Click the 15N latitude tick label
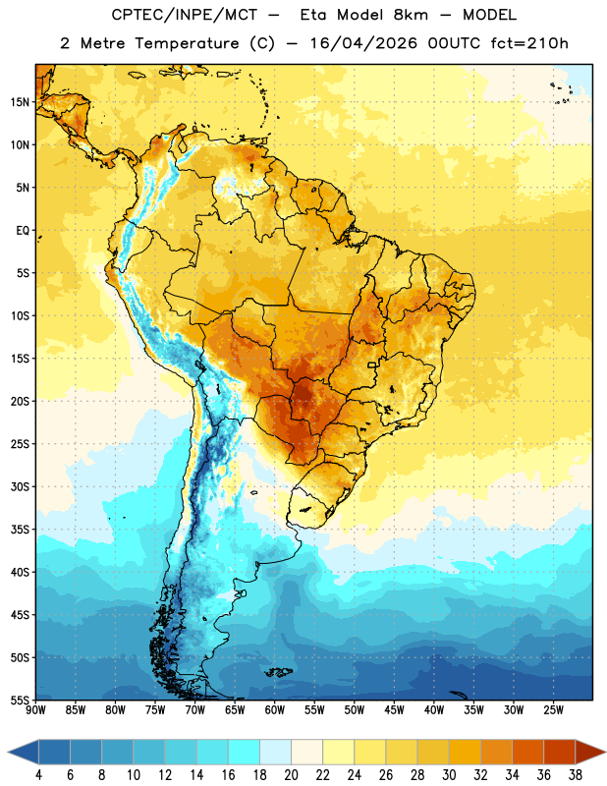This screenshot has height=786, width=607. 20,102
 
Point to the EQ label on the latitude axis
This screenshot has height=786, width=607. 23,231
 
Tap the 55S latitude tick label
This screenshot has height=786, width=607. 20,701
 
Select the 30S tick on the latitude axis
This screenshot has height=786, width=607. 20,486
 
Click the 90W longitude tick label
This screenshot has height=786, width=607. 35,710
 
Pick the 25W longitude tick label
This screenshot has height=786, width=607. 553,710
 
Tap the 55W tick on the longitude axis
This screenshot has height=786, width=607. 314,710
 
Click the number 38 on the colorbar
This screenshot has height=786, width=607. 576,775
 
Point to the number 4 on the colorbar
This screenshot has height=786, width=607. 38,775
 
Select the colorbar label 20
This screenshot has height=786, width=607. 291,775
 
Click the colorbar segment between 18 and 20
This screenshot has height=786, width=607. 275,753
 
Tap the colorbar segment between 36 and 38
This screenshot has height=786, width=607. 560,753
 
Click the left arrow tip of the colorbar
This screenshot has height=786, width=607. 8,753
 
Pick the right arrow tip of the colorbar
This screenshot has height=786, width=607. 605,753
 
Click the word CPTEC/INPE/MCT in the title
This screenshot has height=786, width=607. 185,15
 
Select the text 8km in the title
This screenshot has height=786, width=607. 411,15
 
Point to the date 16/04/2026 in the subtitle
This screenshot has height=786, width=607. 363,43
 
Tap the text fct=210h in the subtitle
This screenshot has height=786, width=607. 529,43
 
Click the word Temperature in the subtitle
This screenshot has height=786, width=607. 187,43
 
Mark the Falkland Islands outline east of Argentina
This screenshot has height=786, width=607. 278,672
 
